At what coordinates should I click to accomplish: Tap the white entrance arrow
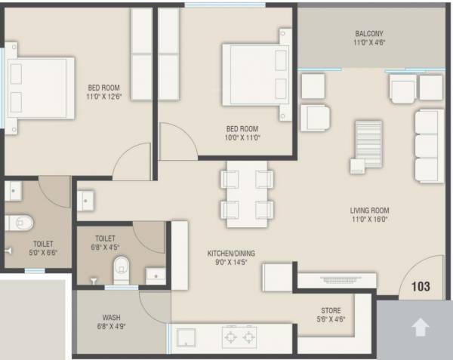click(421, 328)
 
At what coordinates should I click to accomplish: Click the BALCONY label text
click(369, 34)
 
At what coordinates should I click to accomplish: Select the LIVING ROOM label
click(369, 210)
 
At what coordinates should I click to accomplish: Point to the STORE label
click(330, 310)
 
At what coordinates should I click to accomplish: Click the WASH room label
click(111, 318)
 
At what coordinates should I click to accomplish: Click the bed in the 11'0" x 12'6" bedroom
click(41, 87)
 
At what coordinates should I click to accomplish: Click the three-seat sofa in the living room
click(428, 145)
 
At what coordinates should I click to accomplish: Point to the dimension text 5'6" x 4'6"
click(330, 319)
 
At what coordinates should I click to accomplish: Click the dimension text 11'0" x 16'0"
click(369, 220)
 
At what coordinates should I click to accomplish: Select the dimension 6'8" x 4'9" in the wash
click(111, 327)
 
